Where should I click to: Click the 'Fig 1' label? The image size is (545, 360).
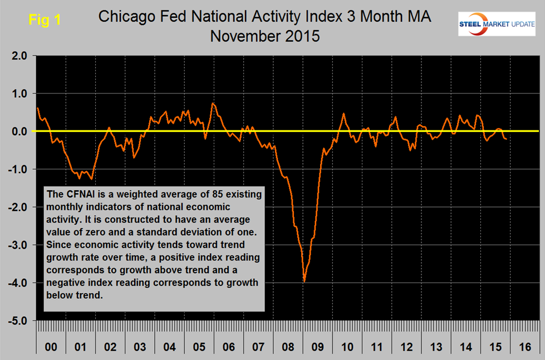pyautogui.click(x=45, y=20)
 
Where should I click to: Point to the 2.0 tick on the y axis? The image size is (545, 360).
pyautogui.click(x=18, y=56)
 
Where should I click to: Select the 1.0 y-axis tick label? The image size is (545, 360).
pyautogui.click(x=18, y=94)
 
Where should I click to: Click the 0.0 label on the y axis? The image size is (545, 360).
pyautogui.click(x=18, y=132)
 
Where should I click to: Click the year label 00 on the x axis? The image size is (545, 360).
pyautogui.click(x=51, y=347)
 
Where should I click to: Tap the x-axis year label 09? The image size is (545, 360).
pyautogui.click(x=317, y=347)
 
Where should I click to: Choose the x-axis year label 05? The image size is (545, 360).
pyautogui.click(x=199, y=347)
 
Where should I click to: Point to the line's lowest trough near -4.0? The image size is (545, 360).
pyautogui.click(x=304, y=282)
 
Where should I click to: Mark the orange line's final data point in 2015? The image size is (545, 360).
pyautogui.click(x=506, y=139)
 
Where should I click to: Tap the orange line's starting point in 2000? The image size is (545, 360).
pyautogui.click(x=37, y=108)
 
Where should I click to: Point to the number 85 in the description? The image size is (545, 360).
pyautogui.click(x=209, y=193)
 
